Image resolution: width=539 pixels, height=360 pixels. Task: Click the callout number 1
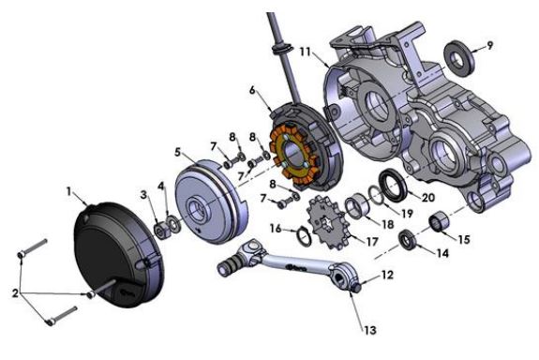point(68,191)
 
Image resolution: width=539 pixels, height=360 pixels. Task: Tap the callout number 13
point(370,330)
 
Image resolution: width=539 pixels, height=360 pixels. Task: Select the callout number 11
point(305,52)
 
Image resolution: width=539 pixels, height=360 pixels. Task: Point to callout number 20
point(428,198)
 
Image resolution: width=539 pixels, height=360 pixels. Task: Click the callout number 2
point(15,293)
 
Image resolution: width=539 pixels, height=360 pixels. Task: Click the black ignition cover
point(119,254)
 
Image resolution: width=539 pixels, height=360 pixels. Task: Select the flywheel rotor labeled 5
point(212,202)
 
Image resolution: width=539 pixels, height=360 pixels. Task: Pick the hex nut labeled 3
point(161,231)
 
